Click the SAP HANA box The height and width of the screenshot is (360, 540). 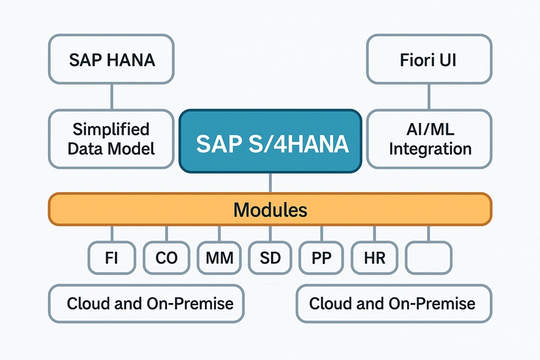pyautogui.click(x=111, y=59)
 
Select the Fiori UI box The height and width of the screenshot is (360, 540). pyautogui.click(x=429, y=59)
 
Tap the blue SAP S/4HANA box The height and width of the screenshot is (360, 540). pyautogui.click(x=270, y=141)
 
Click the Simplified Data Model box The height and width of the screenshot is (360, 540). pyautogui.click(x=111, y=139)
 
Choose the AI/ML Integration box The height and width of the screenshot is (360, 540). pyautogui.click(x=429, y=139)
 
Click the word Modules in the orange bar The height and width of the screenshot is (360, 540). pyautogui.click(x=270, y=210)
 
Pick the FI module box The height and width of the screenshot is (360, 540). pyautogui.click(x=111, y=258)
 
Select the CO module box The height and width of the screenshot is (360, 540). pyautogui.click(x=166, y=258)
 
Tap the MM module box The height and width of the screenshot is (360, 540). pyautogui.click(x=219, y=258)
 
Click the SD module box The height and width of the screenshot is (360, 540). pyautogui.click(x=270, y=258)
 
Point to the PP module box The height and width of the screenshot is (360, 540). pyautogui.click(x=321, y=258)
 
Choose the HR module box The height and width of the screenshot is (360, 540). pyautogui.click(x=374, y=258)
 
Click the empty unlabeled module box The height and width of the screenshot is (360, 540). pyautogui.click(x=429, y=258)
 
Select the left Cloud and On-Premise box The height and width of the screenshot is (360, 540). pyautogui.click(x=147, y=303)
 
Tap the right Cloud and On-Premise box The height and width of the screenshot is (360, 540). pyautogui.click(x=394, y=303)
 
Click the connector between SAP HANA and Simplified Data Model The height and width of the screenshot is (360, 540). pyautogui.click(x=111, y=97)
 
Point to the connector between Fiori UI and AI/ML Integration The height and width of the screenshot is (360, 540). pyautogui.click(x=429, y=97)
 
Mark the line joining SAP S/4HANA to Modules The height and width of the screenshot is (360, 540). pyautogui.click(x=270, y=182)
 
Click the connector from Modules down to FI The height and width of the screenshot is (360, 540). pyautogui.click(x=111, y=234)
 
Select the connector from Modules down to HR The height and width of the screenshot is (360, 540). pyautogui.click(x=374, y=234)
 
